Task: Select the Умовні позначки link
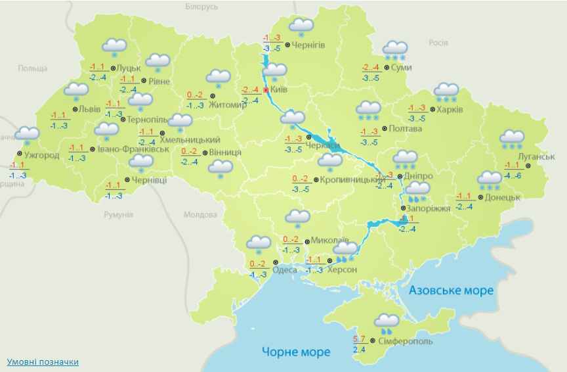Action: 43,362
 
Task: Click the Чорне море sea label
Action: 296,352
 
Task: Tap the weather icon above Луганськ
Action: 511,139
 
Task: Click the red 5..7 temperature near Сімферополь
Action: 359,339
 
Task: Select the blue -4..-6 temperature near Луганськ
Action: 513,175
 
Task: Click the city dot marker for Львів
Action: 75,109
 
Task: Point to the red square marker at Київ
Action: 266,90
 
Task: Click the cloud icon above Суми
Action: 395,49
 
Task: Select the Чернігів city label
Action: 308,45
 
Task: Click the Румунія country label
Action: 119,215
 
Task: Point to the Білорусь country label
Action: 201,7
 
